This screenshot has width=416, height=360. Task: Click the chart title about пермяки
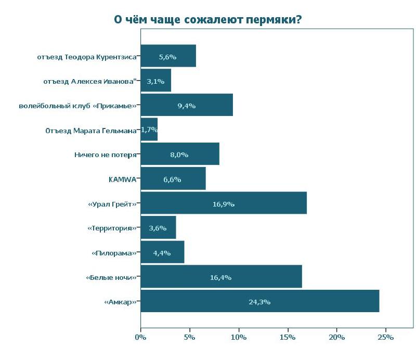pos(208,20)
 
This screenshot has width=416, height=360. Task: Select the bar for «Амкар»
pos(259,302)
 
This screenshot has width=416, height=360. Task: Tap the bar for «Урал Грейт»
pos(224,203)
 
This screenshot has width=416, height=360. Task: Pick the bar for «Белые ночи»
pos(221,277)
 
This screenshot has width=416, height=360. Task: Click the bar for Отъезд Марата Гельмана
pos(149,130)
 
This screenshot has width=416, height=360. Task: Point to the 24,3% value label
pos(259,302)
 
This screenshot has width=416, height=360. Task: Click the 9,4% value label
pos(186,106)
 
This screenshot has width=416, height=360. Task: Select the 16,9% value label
pos(224,204)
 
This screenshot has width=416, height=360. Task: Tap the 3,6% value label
pos(157,228)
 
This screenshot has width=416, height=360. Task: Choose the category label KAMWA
pos(122,179)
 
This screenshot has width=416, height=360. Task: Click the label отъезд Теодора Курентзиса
pos(87,57)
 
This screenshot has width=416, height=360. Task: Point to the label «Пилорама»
pos(114,253)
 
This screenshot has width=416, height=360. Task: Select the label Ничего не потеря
pos(106,155)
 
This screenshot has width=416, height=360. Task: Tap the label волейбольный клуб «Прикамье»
pos(77,106)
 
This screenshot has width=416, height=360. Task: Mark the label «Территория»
pos(112,228)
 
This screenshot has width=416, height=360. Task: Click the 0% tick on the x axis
pos(140,338)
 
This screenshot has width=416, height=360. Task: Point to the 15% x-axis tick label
pos(288,338)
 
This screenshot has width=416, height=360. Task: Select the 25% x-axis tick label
pos(386,338)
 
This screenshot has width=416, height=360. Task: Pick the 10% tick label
pos(239,338)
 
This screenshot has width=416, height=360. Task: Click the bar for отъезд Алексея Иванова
pos(155,81)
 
